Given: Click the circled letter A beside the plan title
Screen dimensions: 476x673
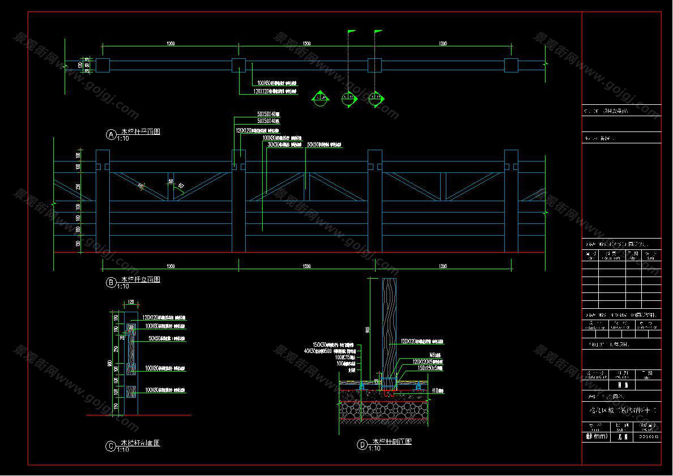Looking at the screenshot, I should [x=111, y=134].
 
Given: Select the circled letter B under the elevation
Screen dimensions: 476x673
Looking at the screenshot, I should [x=111, y=282].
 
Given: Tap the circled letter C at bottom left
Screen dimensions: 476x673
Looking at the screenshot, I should [x=111, y=446].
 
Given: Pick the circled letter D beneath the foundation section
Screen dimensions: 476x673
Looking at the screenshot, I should [x=362, y=445].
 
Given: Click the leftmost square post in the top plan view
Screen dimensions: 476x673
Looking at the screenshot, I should [x=103, y=65].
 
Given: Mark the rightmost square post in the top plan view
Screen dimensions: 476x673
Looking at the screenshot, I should [x=511, y=65].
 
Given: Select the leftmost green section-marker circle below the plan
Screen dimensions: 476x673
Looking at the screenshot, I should [x=320, y=99].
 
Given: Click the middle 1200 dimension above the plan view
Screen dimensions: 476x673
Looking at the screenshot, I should [x=306, y=44].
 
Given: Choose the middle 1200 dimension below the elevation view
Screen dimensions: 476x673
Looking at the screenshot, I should [x=306, y=266].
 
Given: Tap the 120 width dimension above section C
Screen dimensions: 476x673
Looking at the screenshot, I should [x=131, y=302].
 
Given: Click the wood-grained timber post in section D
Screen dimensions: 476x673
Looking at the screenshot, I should [x=389, y=323].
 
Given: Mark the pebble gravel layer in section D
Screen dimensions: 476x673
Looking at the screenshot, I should [x=385, y=410].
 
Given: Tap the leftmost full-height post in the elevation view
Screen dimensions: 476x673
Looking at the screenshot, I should [x=103, y=201].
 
